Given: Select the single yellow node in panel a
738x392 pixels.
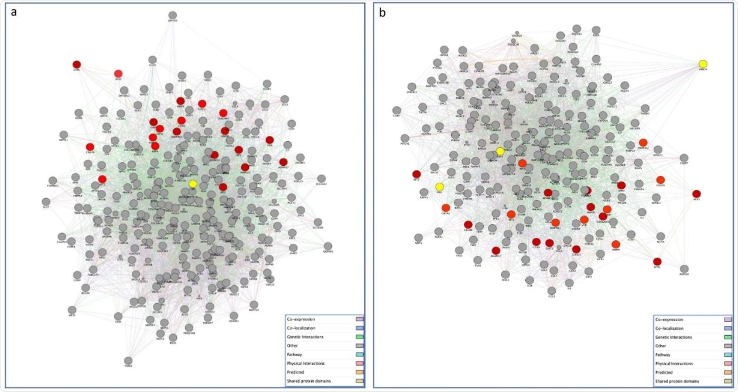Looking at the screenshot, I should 193,184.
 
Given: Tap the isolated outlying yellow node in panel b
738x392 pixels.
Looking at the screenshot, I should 703,64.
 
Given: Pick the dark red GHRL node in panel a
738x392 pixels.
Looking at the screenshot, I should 77,64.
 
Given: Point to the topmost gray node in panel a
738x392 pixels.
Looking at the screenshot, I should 172,15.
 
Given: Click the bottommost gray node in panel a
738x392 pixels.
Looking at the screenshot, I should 128,360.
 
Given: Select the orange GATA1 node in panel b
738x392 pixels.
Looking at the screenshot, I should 446,207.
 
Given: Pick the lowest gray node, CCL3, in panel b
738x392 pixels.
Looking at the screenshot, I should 552,291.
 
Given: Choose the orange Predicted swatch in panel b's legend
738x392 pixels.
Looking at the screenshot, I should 727,372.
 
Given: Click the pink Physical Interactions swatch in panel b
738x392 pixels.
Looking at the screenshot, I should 727,363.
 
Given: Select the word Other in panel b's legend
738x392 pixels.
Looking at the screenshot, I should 662,346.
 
